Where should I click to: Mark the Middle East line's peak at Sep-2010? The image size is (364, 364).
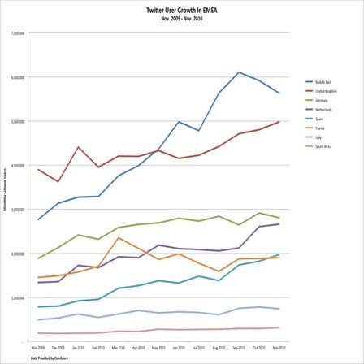(x=239, y=72)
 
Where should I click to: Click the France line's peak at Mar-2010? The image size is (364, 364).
(x=119, y=237)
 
